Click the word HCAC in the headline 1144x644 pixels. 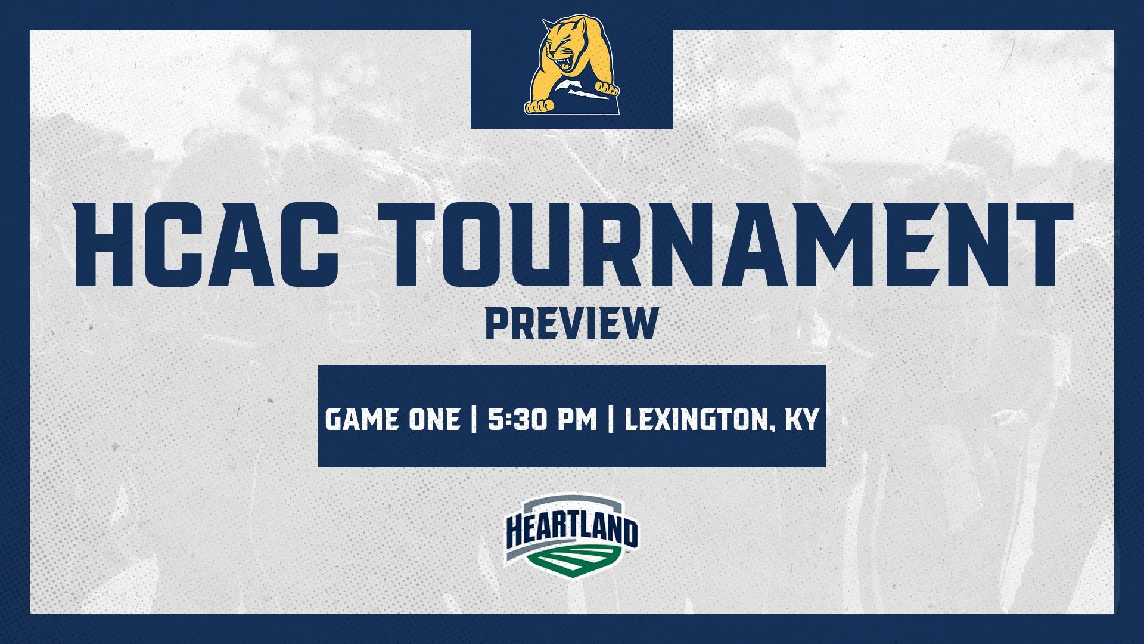click(x=206, y=245)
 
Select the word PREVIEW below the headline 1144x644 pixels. click(x=571, y=324)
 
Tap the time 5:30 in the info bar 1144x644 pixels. click(x=513, y=419)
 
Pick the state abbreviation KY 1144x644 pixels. click(x=802, y=419)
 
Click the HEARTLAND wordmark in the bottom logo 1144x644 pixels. click(x=571, y=531)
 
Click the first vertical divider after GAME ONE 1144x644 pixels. click(x=474, y=419)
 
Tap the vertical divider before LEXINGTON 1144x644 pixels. click(x=611, y=419)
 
